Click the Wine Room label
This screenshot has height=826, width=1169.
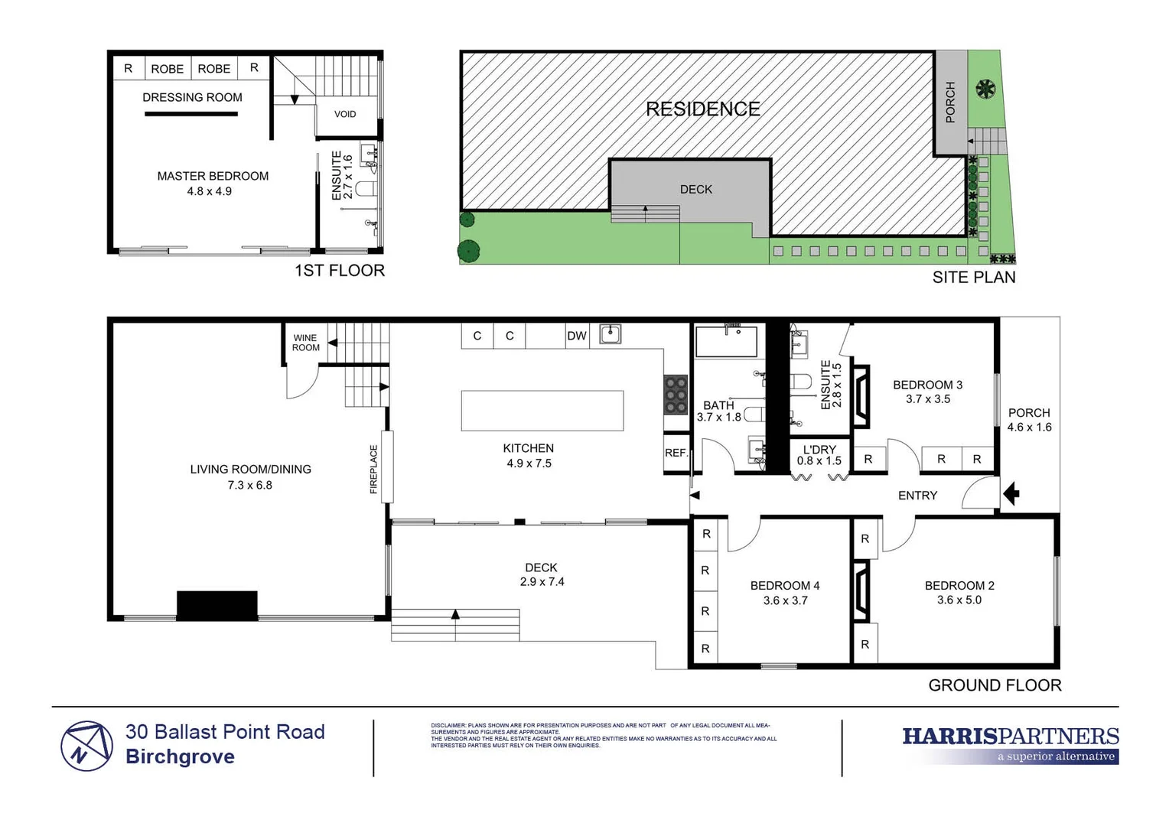(305, 343)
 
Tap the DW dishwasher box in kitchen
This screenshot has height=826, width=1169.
(576, 336)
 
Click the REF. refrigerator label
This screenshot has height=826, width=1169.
(676, 453)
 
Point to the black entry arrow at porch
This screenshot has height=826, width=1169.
(1011, 494)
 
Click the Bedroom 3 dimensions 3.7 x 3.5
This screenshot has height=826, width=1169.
(927, 399)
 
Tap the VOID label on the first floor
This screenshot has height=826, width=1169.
(345, 114)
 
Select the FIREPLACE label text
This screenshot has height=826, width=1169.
(374, 469)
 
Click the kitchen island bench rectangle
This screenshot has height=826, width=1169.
(542, 411)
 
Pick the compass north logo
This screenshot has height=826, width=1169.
(86, 746)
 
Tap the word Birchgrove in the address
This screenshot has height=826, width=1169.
(180, 757)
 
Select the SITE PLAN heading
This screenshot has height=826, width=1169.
(973, 278)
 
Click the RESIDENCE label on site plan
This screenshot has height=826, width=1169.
(702, 109)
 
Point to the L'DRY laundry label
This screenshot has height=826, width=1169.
(819, 450)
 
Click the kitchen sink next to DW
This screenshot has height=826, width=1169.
(610, 334)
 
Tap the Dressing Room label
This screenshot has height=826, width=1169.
(192, 97)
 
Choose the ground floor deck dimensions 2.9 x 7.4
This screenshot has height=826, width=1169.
(542, 582)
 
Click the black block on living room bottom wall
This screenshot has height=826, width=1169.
(217, 605)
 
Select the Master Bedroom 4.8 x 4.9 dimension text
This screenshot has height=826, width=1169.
(210, 191)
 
